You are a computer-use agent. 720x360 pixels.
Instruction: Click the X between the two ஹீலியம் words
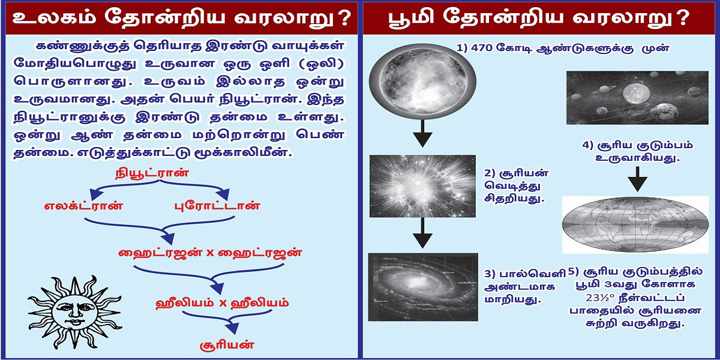[x=221, y=302]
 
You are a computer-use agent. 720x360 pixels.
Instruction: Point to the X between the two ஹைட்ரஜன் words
[x=210, y=253]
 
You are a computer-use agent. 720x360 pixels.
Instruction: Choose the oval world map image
[x=635, y=224]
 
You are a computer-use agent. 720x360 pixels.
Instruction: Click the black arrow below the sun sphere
[x=423, y=133]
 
